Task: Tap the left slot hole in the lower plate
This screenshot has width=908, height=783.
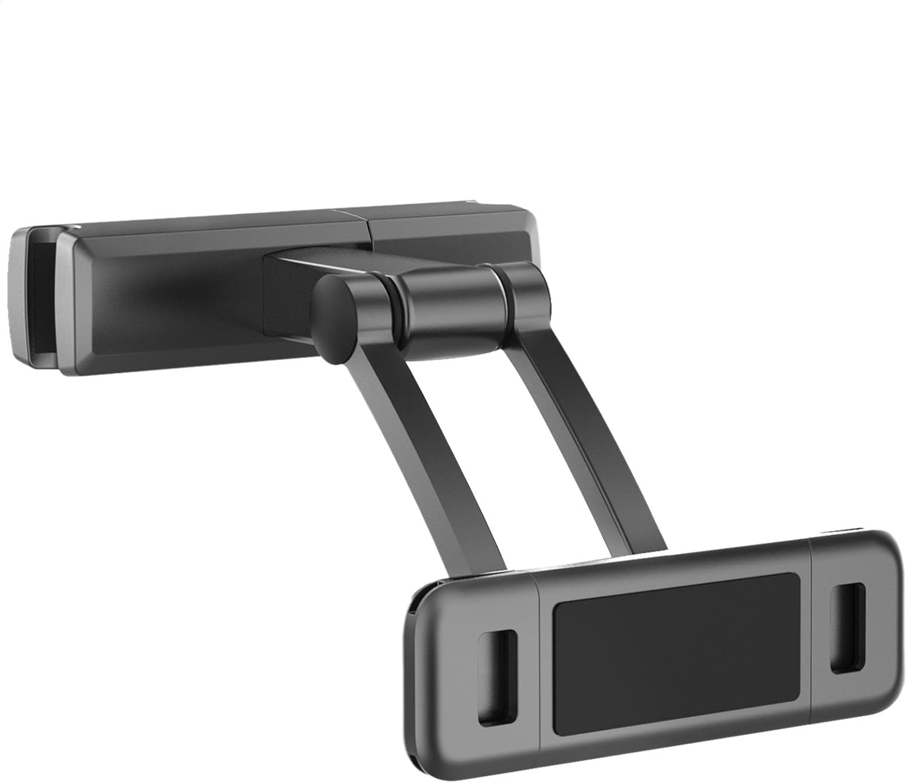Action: (497, 676)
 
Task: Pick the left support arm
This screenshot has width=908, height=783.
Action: (424, 448)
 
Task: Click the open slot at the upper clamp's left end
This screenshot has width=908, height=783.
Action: (42, 297)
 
